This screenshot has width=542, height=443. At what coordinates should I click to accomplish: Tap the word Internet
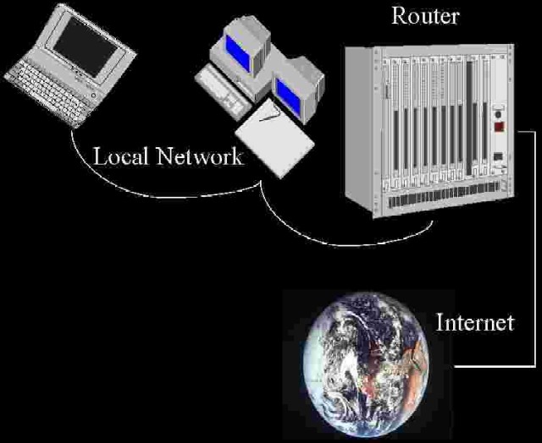474,322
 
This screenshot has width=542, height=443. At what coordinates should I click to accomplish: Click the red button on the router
501,129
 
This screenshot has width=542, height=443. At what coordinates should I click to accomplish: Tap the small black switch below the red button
500,156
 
